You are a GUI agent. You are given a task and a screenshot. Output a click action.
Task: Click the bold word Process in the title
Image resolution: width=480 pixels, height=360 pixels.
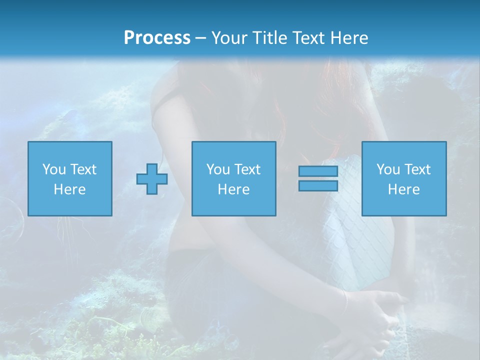coord(157,38)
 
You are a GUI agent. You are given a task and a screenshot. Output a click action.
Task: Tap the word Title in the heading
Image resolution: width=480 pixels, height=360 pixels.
coord(269,38)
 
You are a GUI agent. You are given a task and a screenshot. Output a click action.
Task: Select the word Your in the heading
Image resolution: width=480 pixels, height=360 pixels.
coord(229,38)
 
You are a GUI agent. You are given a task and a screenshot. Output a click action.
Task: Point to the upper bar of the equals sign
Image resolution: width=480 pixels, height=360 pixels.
coord(318,171)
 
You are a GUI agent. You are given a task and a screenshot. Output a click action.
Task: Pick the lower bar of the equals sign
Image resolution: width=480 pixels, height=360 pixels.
coord(318,186)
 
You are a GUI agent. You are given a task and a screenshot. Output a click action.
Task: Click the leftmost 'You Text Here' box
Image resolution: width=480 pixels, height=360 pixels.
coord(70,178)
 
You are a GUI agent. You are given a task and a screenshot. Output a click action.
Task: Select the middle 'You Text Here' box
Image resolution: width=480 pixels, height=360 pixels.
coord(234,178)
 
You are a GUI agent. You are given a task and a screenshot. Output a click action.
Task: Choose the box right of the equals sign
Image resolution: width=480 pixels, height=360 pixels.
coord(404,178)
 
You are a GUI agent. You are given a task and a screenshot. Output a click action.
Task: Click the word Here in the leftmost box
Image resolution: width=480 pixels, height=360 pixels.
coord(69,189)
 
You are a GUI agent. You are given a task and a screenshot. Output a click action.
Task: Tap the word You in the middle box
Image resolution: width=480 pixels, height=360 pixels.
coord(218,169)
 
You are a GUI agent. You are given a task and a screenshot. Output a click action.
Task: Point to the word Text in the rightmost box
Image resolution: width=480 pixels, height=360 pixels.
coord(417,169)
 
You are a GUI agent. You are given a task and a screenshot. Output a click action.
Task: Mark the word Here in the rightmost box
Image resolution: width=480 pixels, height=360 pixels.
coord(404,189)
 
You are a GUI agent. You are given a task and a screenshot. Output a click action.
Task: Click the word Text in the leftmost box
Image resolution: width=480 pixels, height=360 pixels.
coord(83,169)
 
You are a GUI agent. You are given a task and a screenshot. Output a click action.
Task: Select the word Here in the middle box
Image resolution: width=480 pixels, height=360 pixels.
coord(234,189)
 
